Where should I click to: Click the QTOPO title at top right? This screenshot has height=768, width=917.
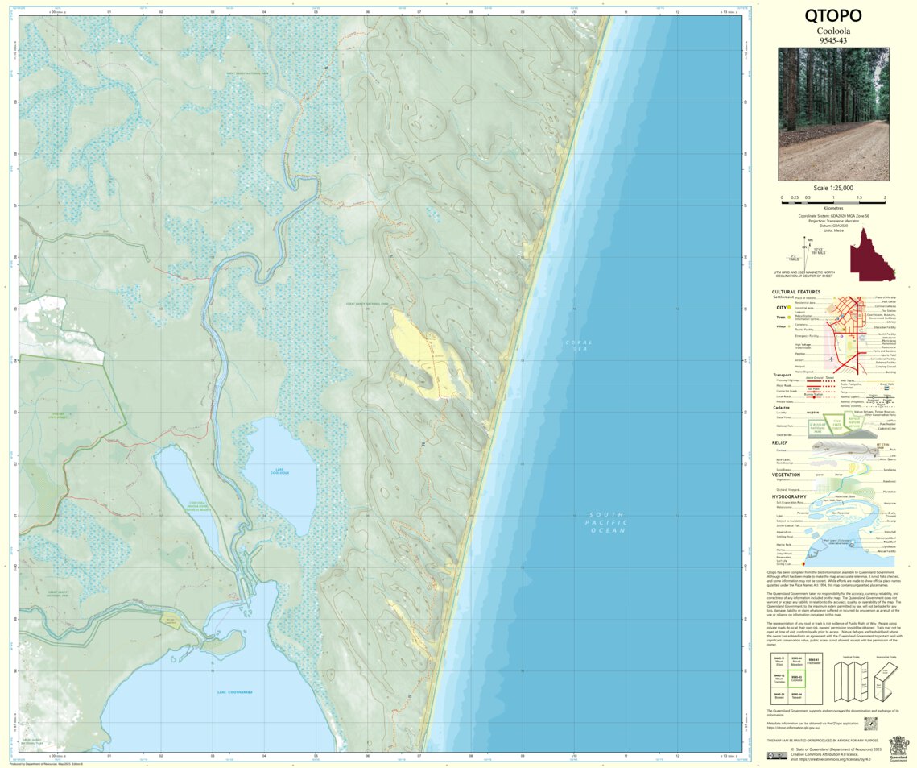[x=833, y=15]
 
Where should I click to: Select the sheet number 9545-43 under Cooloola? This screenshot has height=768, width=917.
[x=833, y=39]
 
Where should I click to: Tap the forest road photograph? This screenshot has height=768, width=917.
[x=833, y=114]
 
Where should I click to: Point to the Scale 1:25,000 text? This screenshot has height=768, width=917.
[x=833, y=188]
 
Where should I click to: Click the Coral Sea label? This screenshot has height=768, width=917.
[x=578, y=346]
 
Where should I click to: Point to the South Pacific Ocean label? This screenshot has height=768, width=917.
[x=607, y=522]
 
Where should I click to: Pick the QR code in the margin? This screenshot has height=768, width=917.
[x=847, y=724]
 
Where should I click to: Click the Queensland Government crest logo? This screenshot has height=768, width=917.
[x=898, y=747]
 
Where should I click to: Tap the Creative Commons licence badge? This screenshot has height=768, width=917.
[x=777, y=756]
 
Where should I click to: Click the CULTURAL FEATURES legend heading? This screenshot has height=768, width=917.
[x=795, y=292]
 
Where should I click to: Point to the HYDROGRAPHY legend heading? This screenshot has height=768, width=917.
[x=790, y=496]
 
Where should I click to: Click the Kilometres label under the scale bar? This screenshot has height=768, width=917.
[x=833, y=207]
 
